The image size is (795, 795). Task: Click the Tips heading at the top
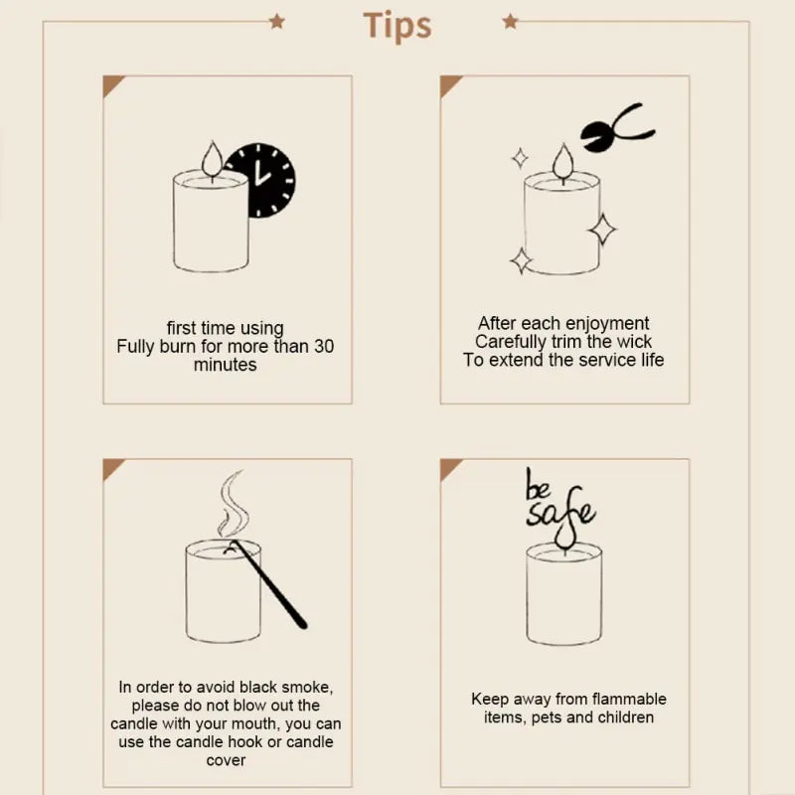(x=397, y=25)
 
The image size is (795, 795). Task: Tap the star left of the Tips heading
(x=277, y=21)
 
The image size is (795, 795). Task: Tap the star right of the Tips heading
(x=510, y=21)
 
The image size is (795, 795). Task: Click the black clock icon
(x=260, y=181)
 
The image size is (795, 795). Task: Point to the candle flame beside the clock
(x=211, y=159)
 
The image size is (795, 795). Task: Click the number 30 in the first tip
(x=324, y=347)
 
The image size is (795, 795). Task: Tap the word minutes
(x=225, y=366)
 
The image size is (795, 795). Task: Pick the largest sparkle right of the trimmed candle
(x=601, y=229)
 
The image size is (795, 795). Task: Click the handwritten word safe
(x=561, y=512)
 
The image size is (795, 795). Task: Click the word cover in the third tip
(x=226, y=760)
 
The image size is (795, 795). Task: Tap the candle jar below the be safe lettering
(x=563, y=596)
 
